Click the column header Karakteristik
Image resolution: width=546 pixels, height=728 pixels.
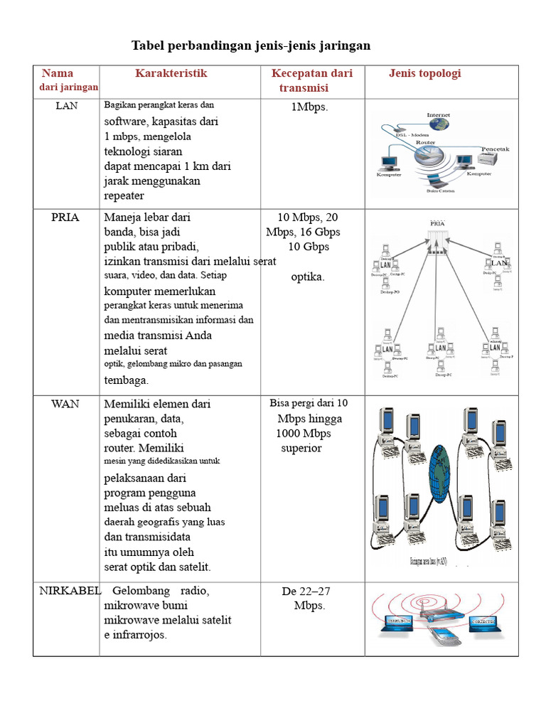[x=171, y=73]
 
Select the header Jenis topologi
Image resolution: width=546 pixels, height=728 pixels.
[x=424, y=73]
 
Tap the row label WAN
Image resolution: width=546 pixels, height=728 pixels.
[x=65, y=403]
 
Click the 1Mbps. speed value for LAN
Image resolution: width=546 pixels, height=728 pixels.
[x=309, y=107]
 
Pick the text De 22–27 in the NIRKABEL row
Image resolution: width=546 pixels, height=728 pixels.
[x=306, y=591]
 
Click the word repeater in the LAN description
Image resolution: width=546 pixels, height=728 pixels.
[x=124, y=196]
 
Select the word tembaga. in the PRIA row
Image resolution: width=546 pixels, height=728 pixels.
[x=126, y=380]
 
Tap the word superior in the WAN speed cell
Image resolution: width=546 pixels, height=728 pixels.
[x=301, y=448]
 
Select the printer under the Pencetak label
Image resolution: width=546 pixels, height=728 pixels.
[x=493, y=160]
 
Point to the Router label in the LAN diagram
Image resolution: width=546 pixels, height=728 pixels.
[x=425, y=142]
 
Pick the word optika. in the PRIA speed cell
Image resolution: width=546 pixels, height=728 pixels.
[x=308, y=277]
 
